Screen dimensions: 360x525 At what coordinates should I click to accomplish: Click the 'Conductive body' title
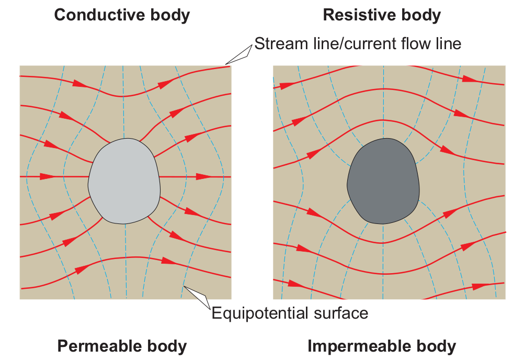pos(122,15)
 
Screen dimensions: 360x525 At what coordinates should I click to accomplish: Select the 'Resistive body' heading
pos(382,15)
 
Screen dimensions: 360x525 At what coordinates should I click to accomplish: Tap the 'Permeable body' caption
pos(122,346)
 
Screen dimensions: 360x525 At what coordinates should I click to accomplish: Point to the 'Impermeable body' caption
pos(382,346)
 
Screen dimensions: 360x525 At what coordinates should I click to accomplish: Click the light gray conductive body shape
pos(124,181)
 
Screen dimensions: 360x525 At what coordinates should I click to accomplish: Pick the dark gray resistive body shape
pos(383,181)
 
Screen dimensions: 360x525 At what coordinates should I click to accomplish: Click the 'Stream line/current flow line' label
pos(358,43)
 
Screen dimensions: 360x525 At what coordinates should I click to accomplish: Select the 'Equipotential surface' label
pos(290,313)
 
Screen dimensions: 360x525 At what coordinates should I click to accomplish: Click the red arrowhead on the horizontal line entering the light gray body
pos(47,177)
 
